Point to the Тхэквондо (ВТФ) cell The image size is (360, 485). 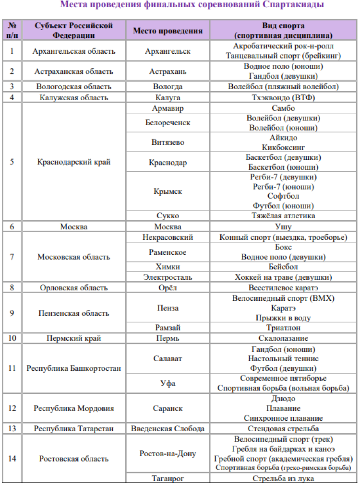[283, 97]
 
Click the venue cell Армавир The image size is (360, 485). [168, 108]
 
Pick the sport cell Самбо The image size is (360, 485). [283, 108]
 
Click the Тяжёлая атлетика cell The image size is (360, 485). [283, 216]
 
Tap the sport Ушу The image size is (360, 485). [283, 226]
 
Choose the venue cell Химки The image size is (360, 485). [168, 267]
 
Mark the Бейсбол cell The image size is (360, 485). [283, 267]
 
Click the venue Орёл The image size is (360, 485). [168, 288]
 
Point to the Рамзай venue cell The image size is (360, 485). [168, 328]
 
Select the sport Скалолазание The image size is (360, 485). [283, 338]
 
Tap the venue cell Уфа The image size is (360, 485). [168, 383]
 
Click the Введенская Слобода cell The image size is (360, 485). [168, 428]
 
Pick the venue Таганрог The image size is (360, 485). [168, 478]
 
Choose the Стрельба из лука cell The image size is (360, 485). [283, 478]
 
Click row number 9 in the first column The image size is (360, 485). [12, 313]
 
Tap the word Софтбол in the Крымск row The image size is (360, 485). [283, 196]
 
